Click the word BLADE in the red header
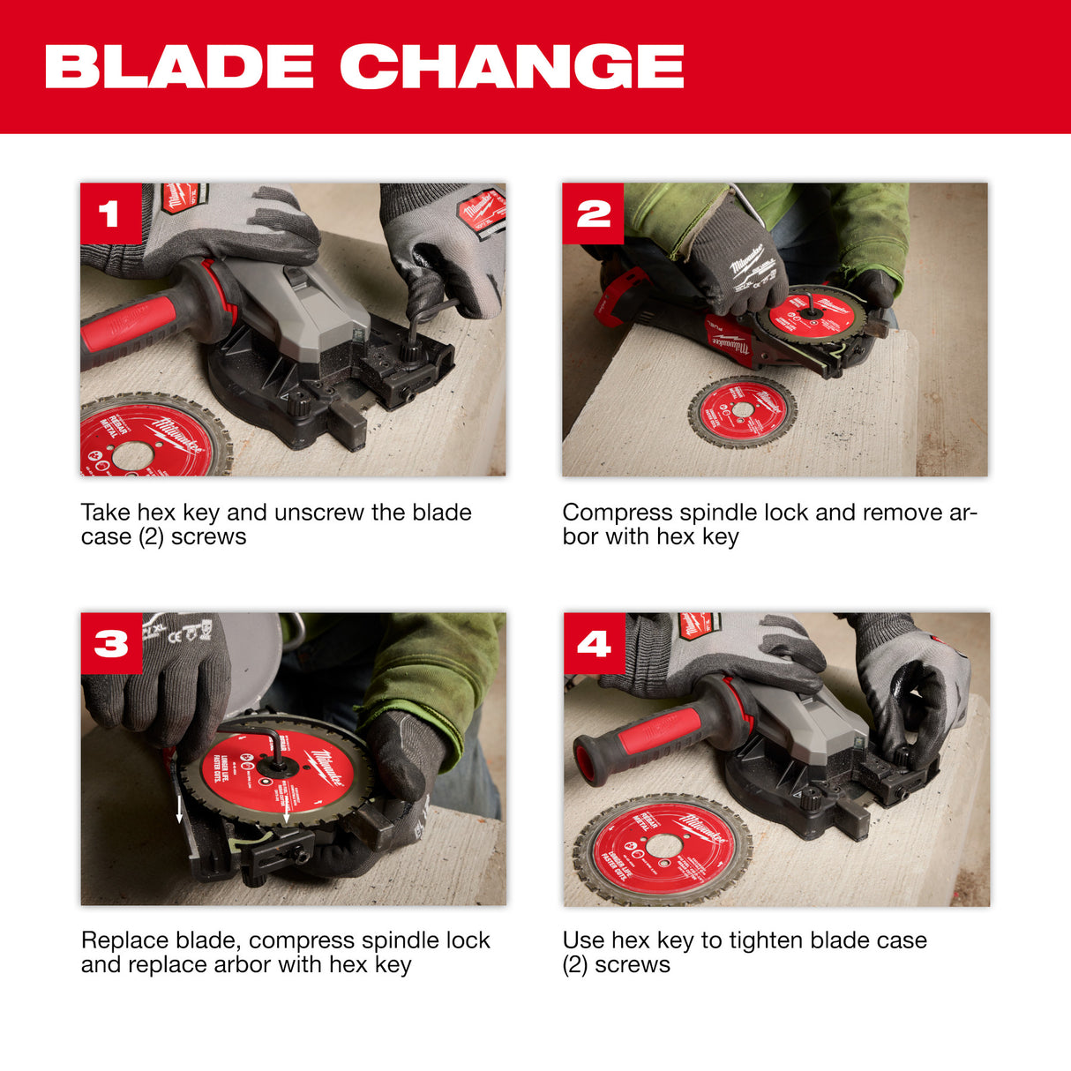(x=179, y=67)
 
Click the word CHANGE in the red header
(x=513, y=67)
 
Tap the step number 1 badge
(x=110, y=213)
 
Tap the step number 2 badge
(x=593, y=213)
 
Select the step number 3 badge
(x=111, y=643)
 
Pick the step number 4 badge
(x=594, y=643)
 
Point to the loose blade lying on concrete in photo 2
(x=742, y=411)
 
